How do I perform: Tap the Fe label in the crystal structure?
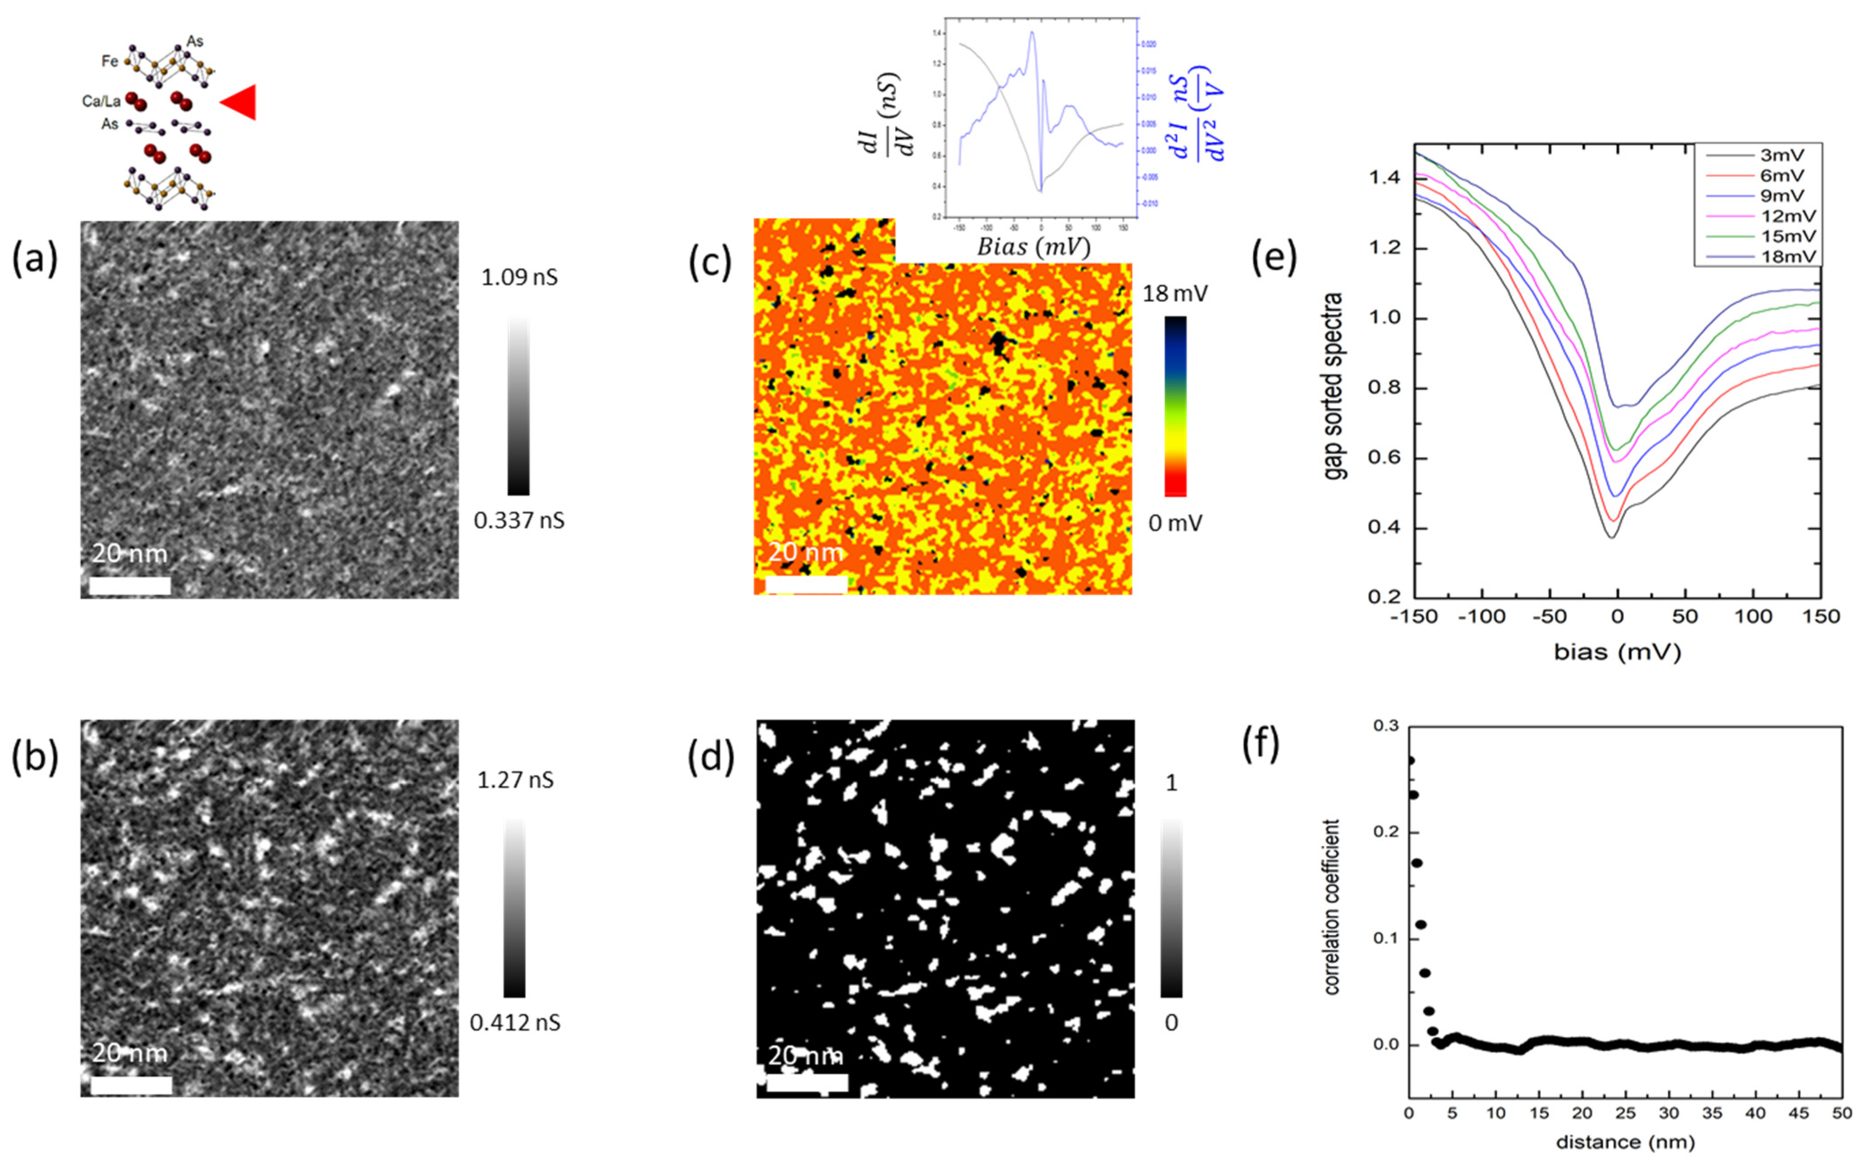pyautogui.click(x=110, y=61)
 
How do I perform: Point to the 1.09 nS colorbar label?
pyautogui.click(x=519, y=277)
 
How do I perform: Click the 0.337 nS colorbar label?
pyautogui.click(x=519, y=521)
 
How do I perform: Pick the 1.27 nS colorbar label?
pyautogui.click(x=515, y=780)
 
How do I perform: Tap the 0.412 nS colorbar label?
pyautogui.click(x=515, y=1023)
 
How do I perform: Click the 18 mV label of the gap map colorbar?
pyautogui.click(x=1175, y=293)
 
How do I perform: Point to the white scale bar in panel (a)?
pyautogui.click(x=130, y=586)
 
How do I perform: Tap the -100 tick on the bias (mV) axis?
pyautogui.click(x=1481, y=616)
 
